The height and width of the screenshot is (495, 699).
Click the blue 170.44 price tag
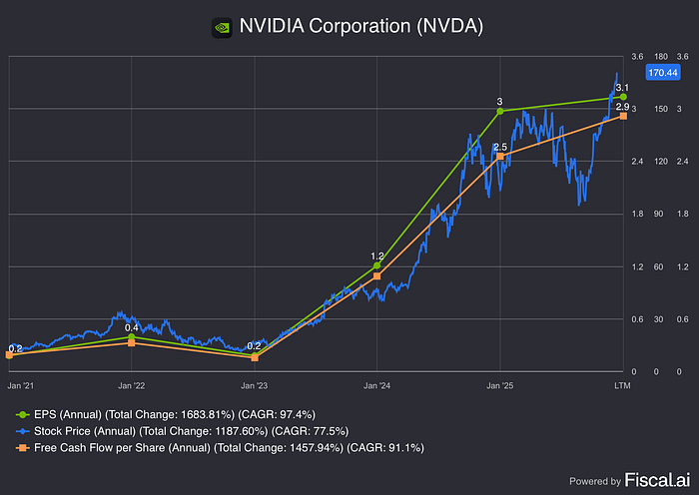point(662,72)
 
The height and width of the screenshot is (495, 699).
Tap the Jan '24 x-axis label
point(377,384)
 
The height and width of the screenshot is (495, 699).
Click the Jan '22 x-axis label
point(132,384)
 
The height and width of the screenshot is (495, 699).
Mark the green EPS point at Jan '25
point(500,111)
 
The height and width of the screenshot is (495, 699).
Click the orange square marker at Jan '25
point(500,156)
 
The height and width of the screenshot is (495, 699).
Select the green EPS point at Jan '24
point(377,266)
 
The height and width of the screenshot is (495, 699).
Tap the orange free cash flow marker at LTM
point(623,116)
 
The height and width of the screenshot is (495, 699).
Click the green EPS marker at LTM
point(623,97)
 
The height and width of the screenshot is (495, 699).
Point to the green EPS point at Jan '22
point(132,336)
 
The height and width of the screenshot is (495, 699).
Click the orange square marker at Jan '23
point(255,357)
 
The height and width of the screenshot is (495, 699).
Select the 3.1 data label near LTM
point(621,88)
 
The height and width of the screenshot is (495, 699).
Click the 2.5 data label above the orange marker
point(500,147)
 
